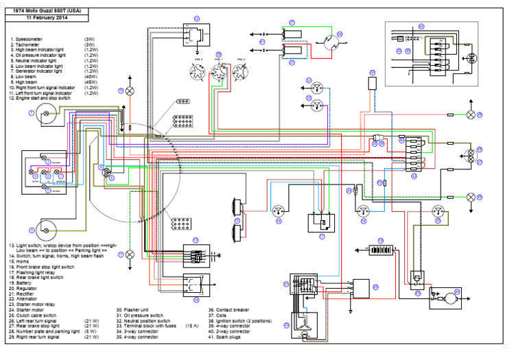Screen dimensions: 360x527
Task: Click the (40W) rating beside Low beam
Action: click(89, 77)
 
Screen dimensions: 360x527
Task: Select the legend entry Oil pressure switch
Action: click(145, 315)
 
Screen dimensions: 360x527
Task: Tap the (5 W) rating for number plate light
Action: click(90, 331)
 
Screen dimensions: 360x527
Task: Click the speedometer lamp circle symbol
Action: click(47, 112)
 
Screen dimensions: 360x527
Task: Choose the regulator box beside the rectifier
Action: click(362, 288)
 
